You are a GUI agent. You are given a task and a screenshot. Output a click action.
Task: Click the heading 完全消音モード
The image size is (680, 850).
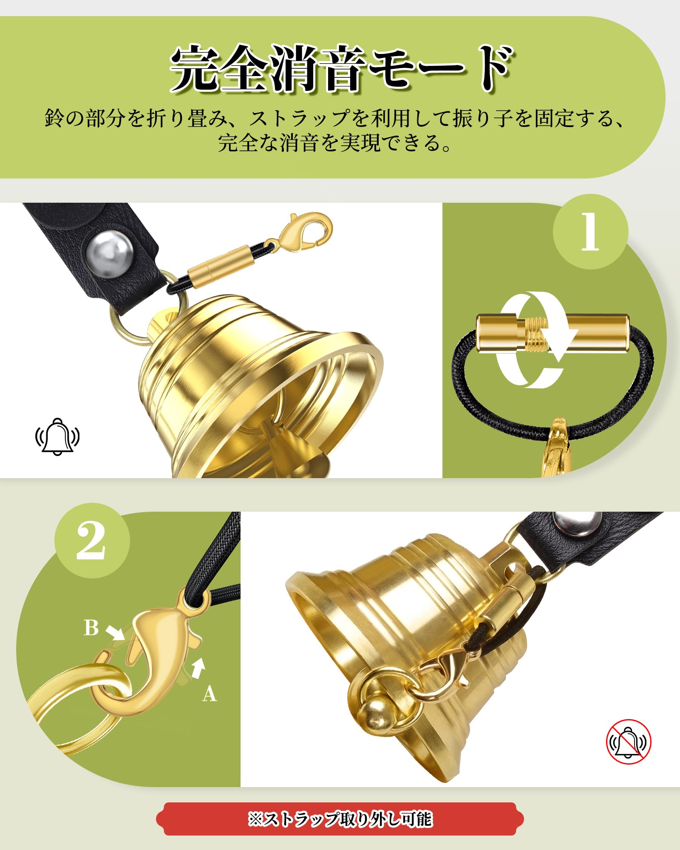[x=342, y=68]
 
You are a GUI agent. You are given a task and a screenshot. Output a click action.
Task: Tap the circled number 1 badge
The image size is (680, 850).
[x=590, y=232]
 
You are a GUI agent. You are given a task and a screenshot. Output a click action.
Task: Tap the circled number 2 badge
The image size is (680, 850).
[x=92, y=541]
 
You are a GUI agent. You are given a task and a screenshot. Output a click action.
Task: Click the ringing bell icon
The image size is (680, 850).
[x=57, y=436]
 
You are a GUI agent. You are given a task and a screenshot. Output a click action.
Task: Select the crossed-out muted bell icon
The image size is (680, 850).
[x=629, y=742]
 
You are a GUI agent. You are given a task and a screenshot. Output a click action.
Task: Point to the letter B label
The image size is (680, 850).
[x=91, y=628]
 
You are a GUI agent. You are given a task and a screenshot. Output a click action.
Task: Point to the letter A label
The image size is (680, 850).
[x=210, y=694]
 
